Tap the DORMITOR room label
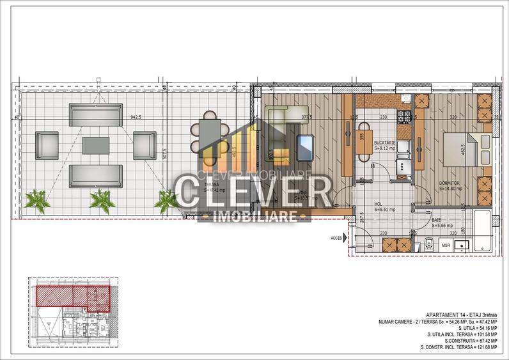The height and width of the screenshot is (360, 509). point(450,183)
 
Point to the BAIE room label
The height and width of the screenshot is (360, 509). point(440,219)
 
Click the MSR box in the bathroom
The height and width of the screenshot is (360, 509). point(446,245)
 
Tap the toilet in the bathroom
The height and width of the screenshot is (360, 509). point(429,244)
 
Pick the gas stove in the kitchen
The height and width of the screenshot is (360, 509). point(405,117)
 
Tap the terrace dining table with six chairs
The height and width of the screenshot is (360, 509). point(210,133)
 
